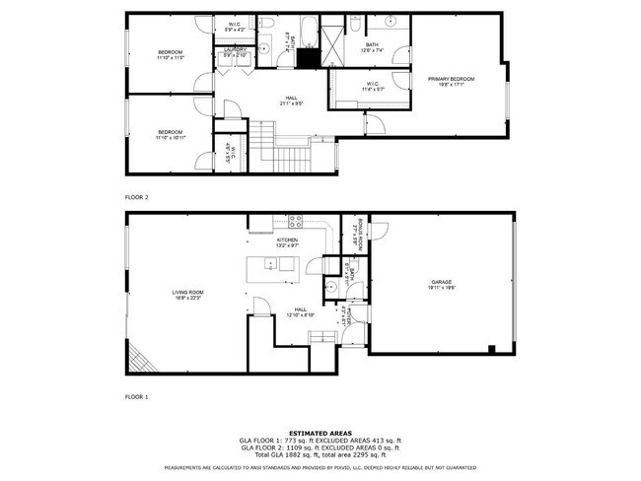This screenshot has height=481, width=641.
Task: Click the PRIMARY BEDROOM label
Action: pyautogui.click(x=450, y=78)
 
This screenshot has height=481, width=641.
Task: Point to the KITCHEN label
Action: pyautogui.click(x=287, y=239)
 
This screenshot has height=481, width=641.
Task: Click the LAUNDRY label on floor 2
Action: pyautogui.click(x=235, y=49)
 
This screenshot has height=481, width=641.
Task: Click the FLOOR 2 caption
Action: pyautogui.click(x=136, y=197)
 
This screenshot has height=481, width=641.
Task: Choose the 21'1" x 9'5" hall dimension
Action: pyautogui.click(x=292, y=103)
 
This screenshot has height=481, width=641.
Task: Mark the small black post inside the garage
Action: pyautogui.click(x=490, y=348)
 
